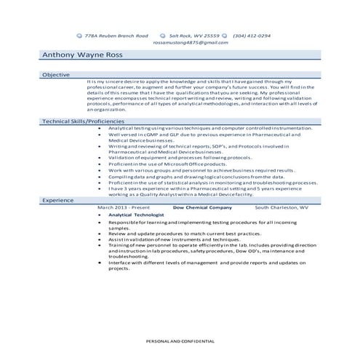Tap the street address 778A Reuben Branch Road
click(116, 35)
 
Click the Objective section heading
click(56, 74)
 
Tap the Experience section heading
click(59, 199)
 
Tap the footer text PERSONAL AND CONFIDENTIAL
click(180, 340)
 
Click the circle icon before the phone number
click(225, 35)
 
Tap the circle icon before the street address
click(79, 35)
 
